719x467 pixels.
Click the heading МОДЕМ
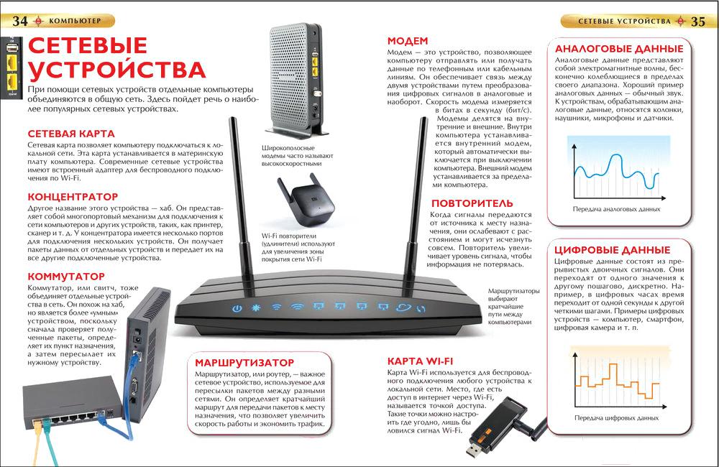pos(408,41)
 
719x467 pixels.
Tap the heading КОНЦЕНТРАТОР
pos(73,197)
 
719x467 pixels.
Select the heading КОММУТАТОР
pos(66,277)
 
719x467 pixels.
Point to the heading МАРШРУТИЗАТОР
pos(244,363)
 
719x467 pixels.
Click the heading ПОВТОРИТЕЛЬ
pos(472,203)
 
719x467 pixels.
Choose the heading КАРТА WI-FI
pos(420,361)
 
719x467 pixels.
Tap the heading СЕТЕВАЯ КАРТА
pos(71,134)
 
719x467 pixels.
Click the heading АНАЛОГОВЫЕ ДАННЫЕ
pos(619,49)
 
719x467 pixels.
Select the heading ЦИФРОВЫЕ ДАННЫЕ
pos(612,250)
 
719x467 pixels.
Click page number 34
pos(19,21)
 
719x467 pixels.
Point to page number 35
pos(698,21)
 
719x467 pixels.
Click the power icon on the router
pos(237,308)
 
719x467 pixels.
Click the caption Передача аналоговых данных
pos(616,209)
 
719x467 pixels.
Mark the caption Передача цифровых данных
pos(616,418)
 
